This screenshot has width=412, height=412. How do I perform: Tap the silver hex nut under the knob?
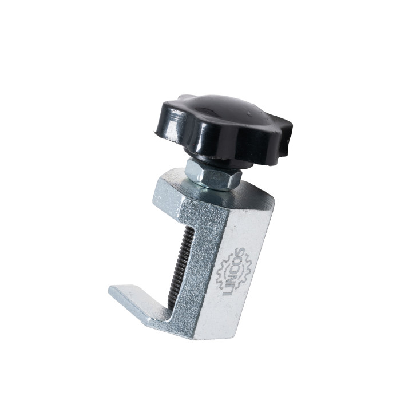tap(213, 176)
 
